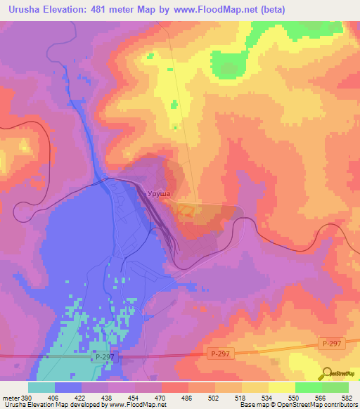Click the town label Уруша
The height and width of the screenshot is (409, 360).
tap(158, 191)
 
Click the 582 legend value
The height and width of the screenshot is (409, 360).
tap(348, 397)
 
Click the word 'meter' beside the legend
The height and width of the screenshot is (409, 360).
tap(11, 397)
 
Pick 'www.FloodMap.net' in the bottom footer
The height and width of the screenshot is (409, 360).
tap(131, 405)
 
